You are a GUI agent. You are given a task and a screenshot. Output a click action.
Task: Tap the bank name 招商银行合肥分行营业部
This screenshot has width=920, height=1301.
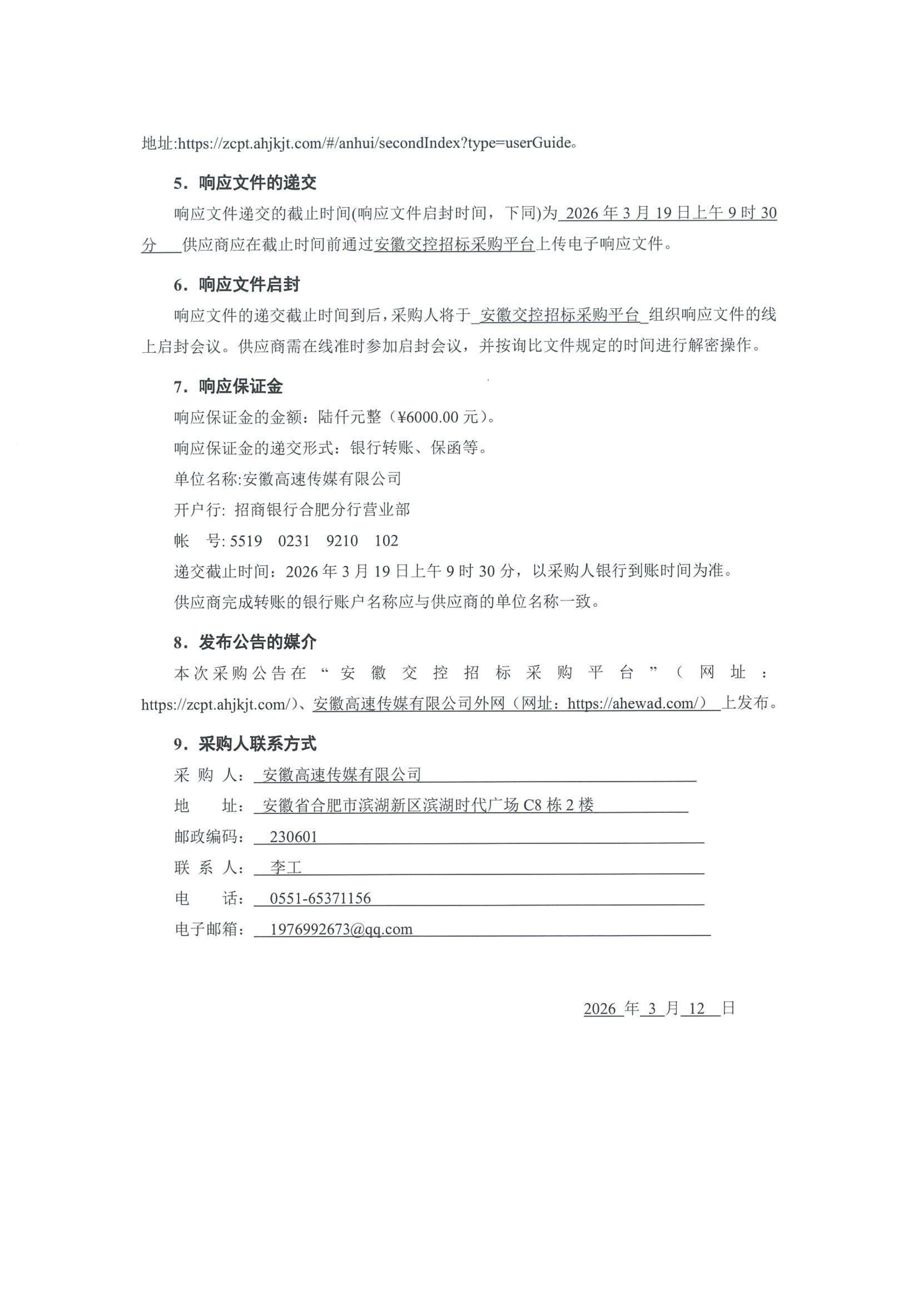(x=322, y=510)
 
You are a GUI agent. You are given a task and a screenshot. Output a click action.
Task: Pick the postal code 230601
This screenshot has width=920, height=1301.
(x=294, y=837)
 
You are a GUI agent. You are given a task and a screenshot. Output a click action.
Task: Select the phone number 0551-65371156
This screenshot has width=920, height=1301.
(x=320, y=898)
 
